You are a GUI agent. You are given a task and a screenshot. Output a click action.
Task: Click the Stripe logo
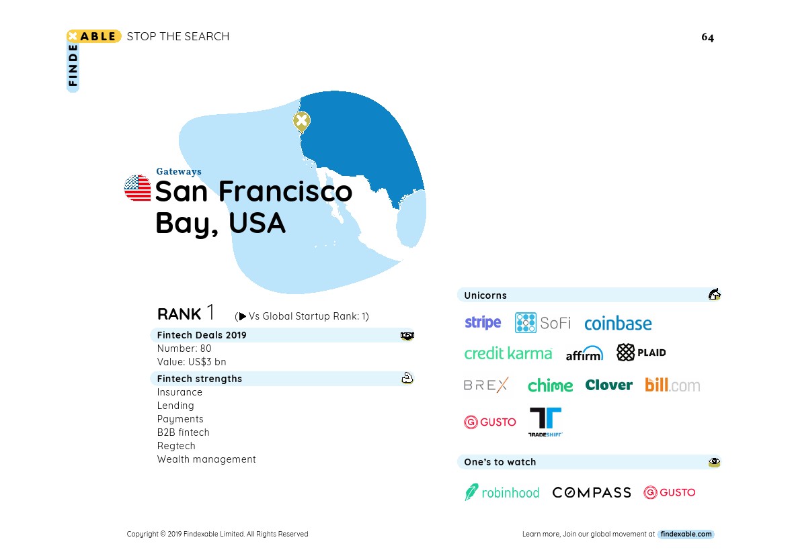tap(483, 322)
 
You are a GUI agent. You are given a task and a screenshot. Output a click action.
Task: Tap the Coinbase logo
tap(618, 323)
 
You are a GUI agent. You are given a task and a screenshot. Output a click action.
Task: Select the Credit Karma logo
tap(508, 353)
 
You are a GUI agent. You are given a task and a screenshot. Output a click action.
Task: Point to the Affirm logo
tap(584, 353)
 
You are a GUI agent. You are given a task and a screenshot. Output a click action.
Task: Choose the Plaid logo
tap(641, 352)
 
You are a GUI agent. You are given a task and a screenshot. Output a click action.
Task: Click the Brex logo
tap(485, 385)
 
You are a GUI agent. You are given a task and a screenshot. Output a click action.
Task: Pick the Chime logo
tap(550, 385)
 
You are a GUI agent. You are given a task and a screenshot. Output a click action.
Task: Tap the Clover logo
tap(608, 385)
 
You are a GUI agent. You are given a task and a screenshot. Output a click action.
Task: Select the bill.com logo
tap(672, 385)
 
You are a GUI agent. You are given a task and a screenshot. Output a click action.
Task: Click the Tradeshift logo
tap(545, 422)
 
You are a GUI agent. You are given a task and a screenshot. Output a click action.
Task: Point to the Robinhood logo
tap(502, 492)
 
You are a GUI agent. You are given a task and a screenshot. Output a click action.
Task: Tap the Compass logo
tap(592, 492)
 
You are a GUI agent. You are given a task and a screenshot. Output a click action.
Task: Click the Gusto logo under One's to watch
tap(670, 492)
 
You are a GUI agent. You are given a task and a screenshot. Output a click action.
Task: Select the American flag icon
tap(138, 188)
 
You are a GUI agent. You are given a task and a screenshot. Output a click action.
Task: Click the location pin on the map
tap(302, 122)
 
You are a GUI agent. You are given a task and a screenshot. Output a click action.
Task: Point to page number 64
tap(707, 37)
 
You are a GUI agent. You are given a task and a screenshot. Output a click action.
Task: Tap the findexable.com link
tap(686, 534)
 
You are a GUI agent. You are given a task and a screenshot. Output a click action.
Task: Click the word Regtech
tap(176, 446)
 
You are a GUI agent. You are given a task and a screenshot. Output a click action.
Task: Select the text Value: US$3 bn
tap(192, 362)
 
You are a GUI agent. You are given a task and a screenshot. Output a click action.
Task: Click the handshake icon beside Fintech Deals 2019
tap(407, 336)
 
